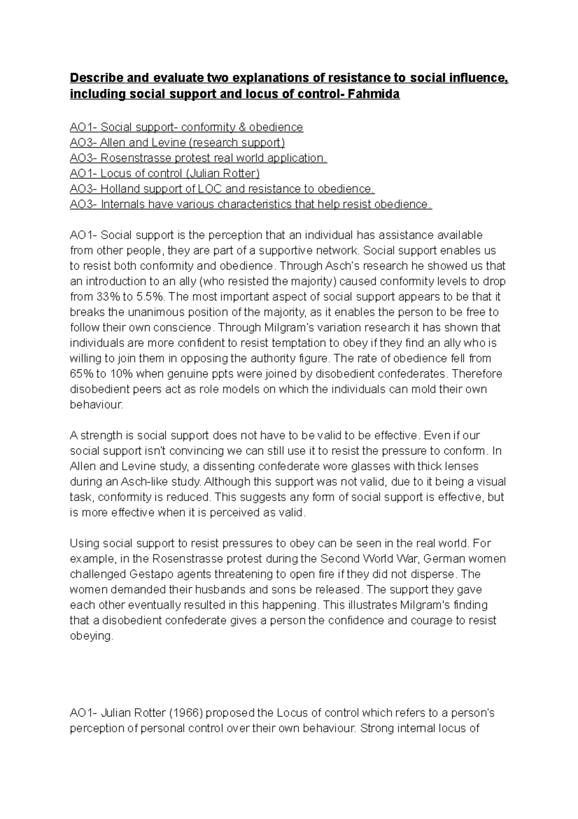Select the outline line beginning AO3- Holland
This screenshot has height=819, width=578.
222,189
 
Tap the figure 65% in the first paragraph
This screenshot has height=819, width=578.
81,374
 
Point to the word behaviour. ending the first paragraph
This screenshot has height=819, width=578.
96,405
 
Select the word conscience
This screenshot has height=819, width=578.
183,328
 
